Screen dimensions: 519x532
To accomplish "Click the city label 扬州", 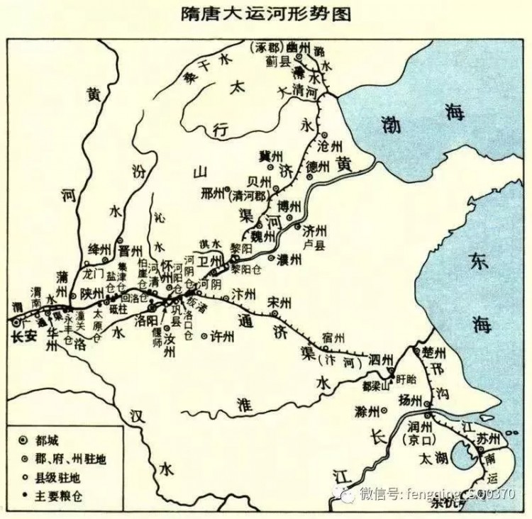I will coord(411,400).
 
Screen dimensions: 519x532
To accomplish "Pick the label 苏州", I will coord(489,435).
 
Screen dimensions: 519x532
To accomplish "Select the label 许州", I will coord(222,337).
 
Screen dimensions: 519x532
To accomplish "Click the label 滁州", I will coord(366,411).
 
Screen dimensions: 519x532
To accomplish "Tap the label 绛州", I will coord(99,249).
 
